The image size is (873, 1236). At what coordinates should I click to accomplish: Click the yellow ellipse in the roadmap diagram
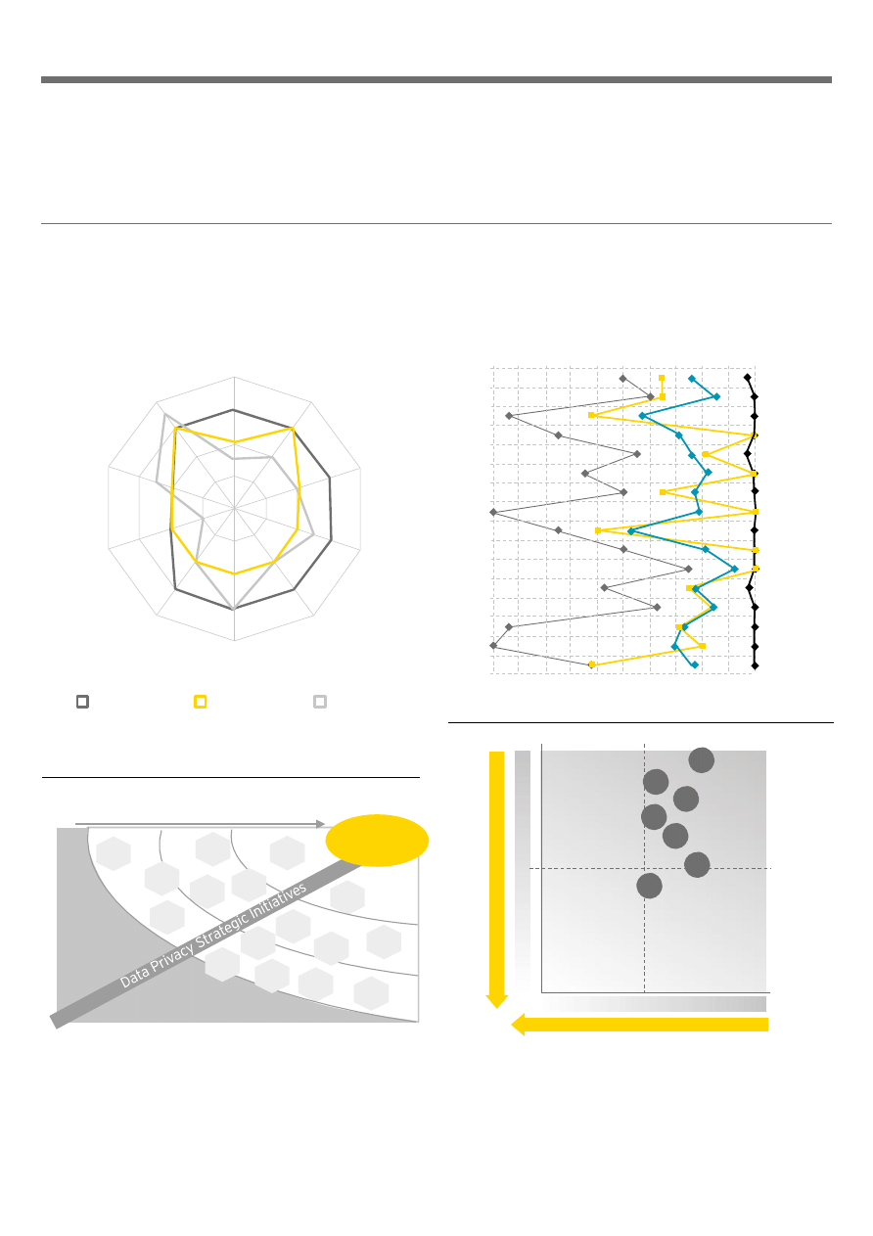coord(377,841)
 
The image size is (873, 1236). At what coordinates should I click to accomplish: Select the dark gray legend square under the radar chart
coord(83,702)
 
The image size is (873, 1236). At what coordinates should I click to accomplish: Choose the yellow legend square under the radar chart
coord(201,702)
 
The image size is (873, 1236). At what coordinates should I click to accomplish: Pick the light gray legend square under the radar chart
coord(320,702)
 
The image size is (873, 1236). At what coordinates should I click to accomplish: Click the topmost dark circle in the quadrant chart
coord(702,759)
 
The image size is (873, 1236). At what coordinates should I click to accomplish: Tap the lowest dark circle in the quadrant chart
coord(649,886)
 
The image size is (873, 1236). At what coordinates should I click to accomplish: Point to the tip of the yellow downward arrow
coord(496,1008)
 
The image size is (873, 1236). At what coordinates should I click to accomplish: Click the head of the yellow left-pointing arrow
coord(512,1025)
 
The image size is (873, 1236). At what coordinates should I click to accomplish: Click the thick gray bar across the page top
coord(436,80)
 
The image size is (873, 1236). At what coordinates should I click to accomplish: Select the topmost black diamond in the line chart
coord(747,378)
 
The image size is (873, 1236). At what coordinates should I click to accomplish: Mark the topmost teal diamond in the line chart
coord(691,379)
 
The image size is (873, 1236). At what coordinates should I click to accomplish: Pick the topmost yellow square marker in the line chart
coord(662,378)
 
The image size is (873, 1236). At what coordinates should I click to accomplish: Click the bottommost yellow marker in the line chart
coord(592,664)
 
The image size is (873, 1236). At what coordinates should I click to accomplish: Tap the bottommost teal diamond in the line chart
coord(695,664)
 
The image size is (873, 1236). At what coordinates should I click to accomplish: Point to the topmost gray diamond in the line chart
coord(623,379)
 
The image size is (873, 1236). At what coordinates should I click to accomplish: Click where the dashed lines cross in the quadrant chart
coord(645,868)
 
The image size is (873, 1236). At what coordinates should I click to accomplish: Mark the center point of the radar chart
coord(235,508)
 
